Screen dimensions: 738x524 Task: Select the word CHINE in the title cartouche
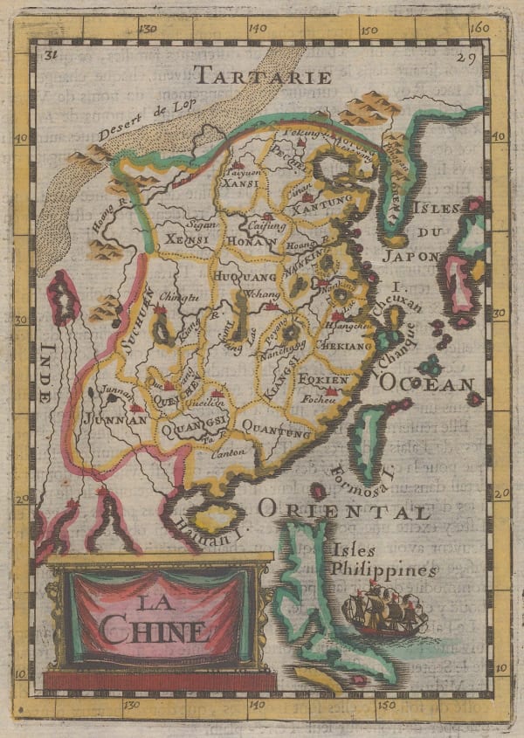[x=154, y=630]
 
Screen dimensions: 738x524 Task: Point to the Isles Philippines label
[x=383, y=560]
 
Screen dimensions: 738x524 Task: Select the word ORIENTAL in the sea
[x=343, y=512]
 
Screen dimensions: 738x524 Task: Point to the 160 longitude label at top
[x=478, y=27]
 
